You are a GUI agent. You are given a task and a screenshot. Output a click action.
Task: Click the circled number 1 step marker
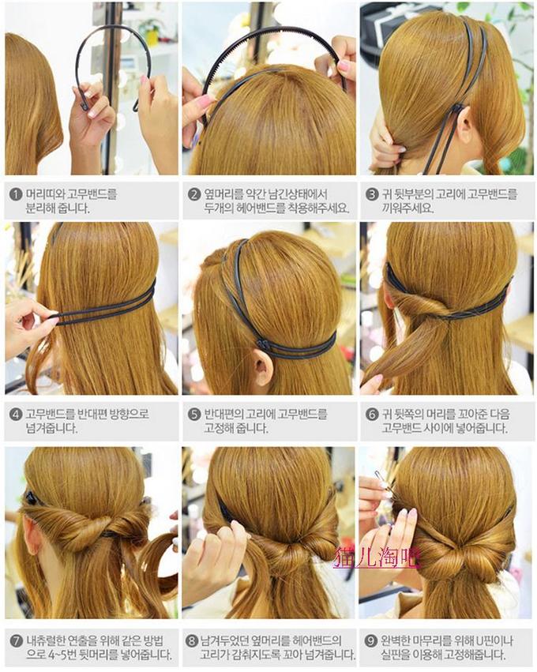[x=17, y=194]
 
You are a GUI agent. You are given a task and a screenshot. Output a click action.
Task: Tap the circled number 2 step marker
[x=194, y=194]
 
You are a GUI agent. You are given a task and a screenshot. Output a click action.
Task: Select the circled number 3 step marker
[x=372, y=194]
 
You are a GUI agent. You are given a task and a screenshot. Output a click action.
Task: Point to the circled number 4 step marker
[x=17, y=415]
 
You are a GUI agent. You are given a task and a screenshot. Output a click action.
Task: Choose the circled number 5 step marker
[x=194, y=415]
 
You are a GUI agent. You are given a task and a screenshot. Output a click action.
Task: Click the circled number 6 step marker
[x=372, y=415]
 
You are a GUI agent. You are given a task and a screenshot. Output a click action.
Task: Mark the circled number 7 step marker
[x=17, y=641]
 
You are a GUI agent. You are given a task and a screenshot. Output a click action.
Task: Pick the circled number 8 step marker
[x=192, y=641]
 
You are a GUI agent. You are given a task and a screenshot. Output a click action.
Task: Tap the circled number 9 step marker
[x=370, y=641]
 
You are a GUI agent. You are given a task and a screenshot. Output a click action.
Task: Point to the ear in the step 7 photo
[x=32, y=536]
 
